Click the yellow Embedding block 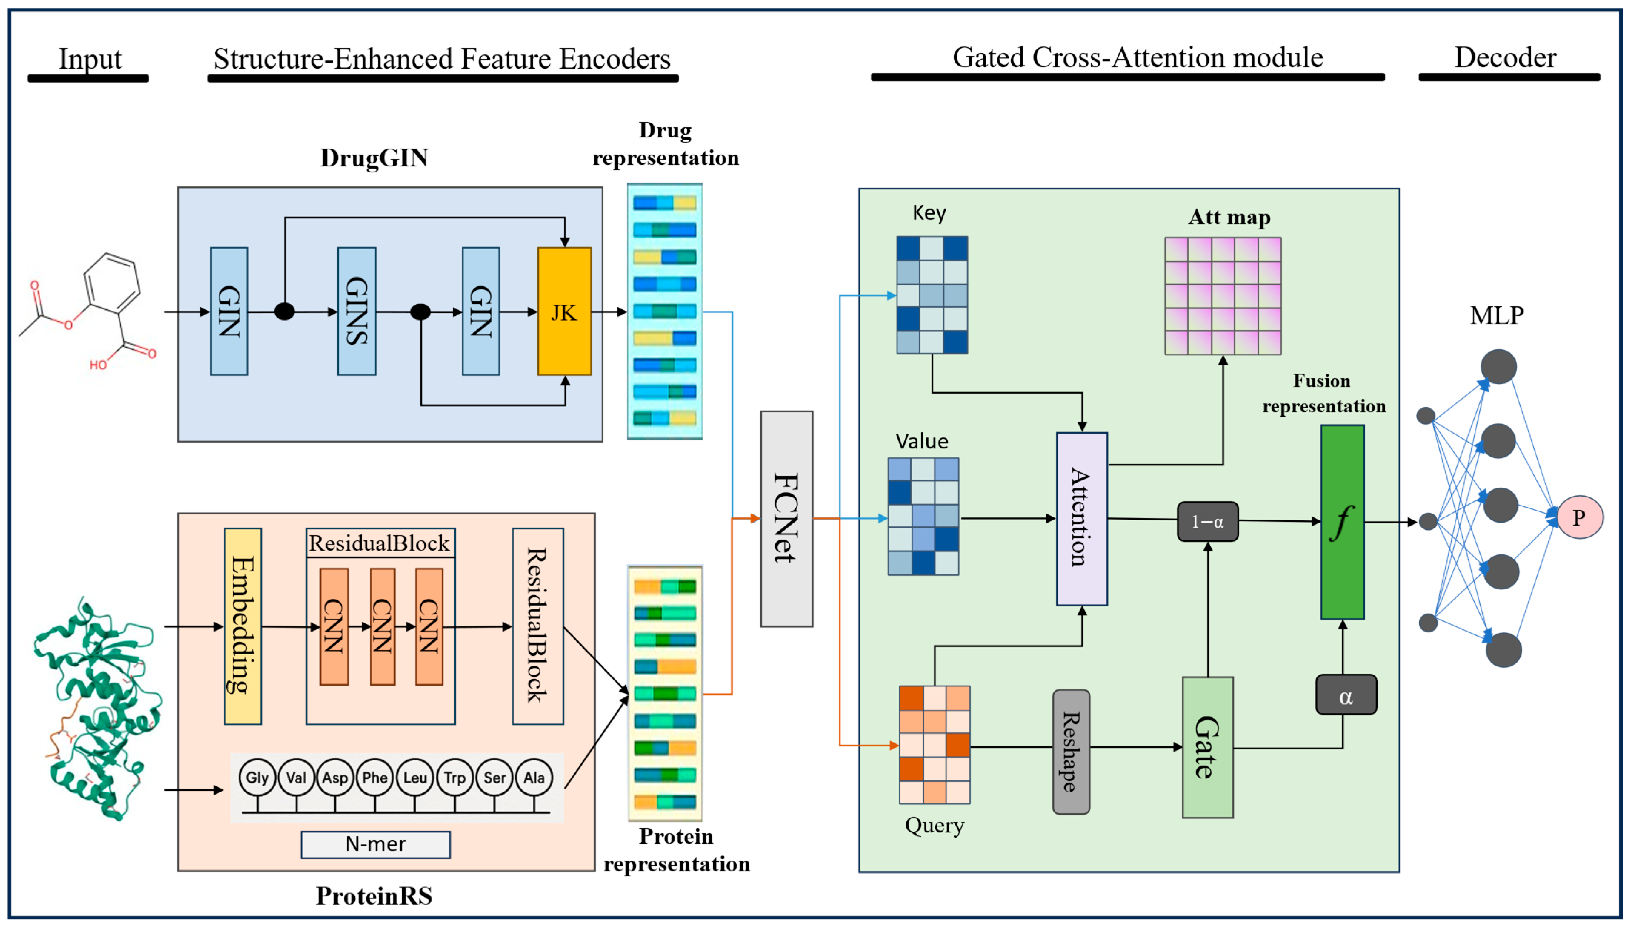click(243, 626)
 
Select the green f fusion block click(1342, 521)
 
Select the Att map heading click(1229, 217)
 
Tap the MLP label click(1496, 315)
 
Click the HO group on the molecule click(98, 365)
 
